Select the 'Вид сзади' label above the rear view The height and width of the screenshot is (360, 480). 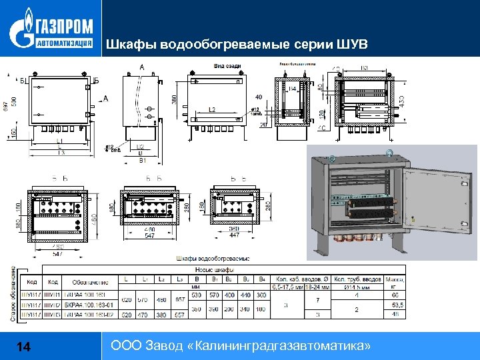point(227,66)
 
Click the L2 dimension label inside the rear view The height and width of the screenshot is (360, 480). point(212,109)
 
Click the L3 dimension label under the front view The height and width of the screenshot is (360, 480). point(61,153)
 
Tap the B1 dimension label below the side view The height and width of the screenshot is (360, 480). point(141,161)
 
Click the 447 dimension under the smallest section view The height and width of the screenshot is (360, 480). point(234,235)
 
